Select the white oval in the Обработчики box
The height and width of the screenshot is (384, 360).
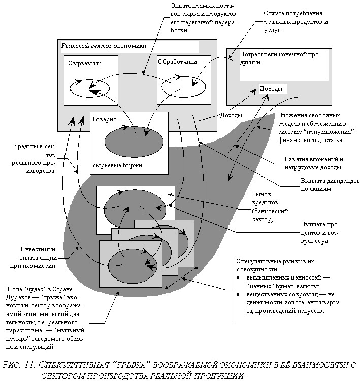183,87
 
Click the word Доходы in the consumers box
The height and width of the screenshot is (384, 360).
271,89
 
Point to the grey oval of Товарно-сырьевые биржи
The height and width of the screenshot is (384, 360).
134,141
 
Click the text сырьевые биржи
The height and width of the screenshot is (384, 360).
118,165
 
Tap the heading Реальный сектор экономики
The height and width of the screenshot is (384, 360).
104,46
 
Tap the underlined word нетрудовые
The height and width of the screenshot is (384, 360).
303,167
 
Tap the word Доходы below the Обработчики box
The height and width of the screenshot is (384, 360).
231,115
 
